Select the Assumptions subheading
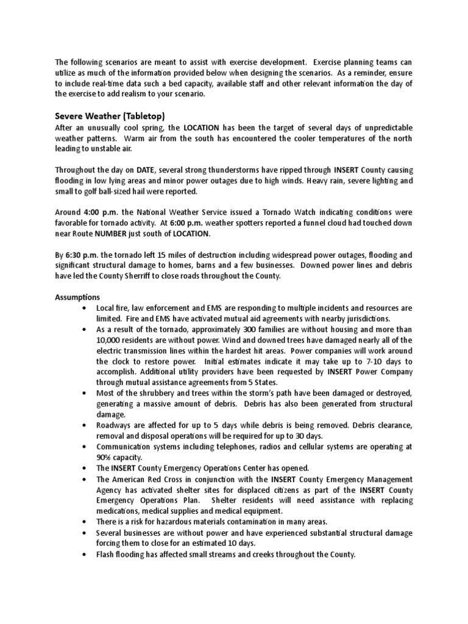pos(77,297)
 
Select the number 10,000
pos(112,340)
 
